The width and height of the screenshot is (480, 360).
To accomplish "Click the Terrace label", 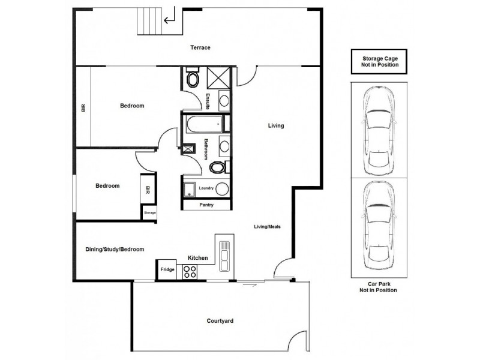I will click(200, 48).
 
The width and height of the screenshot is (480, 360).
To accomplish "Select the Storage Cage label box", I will click(376, 61).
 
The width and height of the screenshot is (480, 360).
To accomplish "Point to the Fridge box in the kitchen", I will click(167, 270).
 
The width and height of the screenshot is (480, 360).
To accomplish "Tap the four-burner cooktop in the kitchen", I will click(190, 271).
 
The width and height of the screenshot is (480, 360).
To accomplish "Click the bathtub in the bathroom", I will click(202, 124).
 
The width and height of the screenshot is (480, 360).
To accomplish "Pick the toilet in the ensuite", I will click(193, 79).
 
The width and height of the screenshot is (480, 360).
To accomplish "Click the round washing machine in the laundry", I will click(221, 189).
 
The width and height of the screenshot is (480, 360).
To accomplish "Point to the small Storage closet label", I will click(149, 212).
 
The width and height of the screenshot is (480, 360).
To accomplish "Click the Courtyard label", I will click(221, 322).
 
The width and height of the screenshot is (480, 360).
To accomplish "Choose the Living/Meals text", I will click(267, 226).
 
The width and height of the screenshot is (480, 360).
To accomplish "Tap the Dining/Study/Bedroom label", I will click(114, 249).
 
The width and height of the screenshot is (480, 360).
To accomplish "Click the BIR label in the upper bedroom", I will click(83, 108).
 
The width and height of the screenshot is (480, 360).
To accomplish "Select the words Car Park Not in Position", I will click(376, 287).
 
